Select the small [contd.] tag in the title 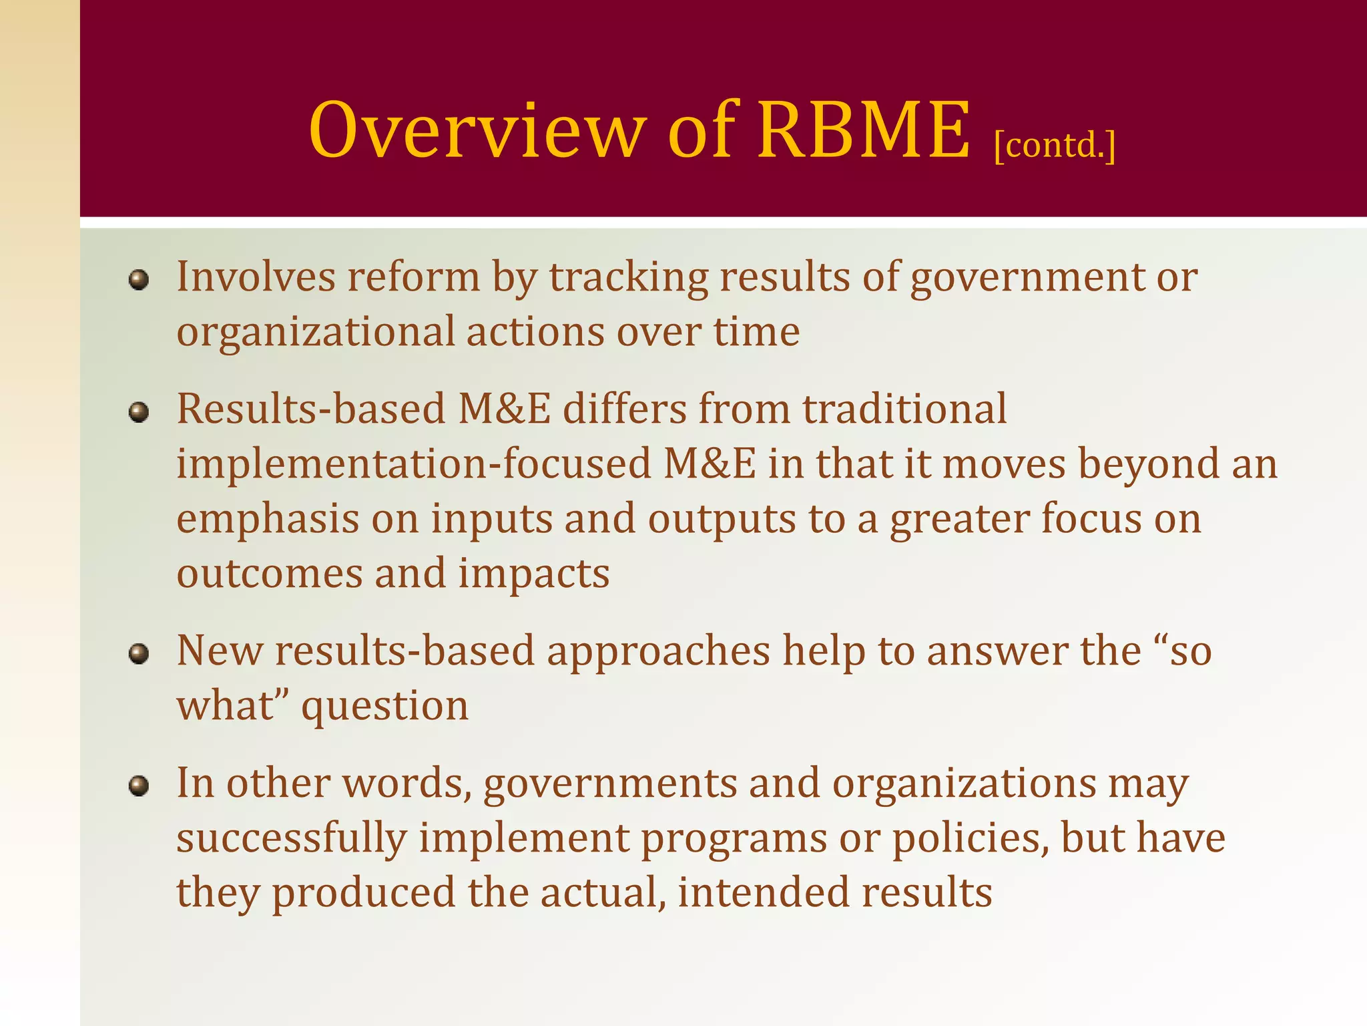[x=1055, y=145]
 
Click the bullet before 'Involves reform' [x=138, y=280]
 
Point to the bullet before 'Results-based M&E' [x=138, y=412]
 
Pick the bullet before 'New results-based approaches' [x=138, y=654]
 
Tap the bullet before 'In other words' [x=138, y=786]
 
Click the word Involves [x=256, y=277]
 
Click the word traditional [x=904, y=409]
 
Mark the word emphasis [x=268, y=520]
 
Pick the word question [x=385, y=707]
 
